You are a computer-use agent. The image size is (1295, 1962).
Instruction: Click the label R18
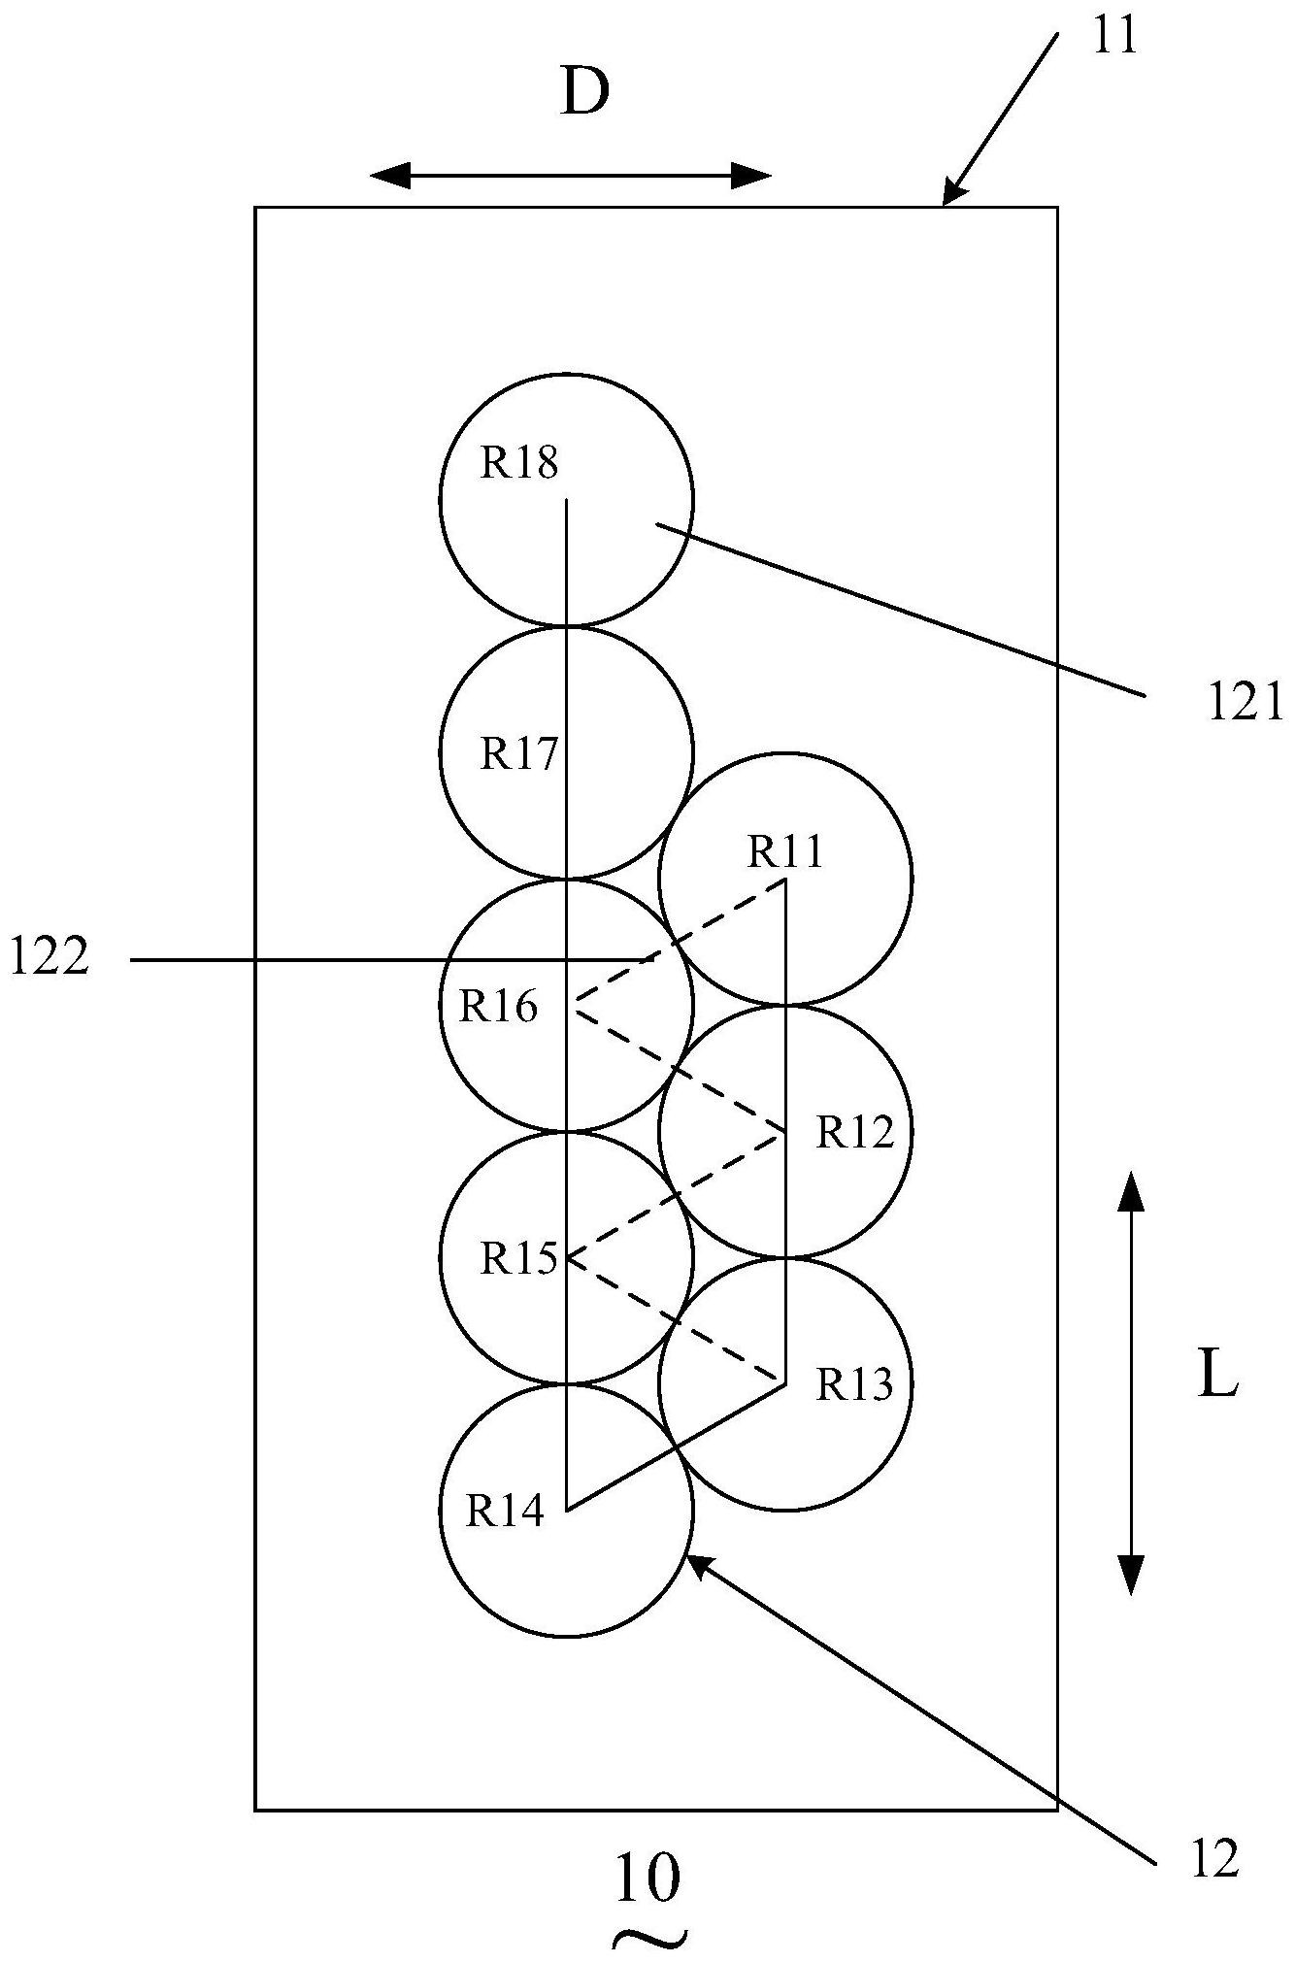coord(520,463)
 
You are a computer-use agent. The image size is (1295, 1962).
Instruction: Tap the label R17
coord(519,753)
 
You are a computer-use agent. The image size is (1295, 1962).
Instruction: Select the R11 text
coord(785,851)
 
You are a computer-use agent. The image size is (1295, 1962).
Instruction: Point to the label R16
coord(498,1007)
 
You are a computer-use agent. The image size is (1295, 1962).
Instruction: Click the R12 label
coord(854,1131)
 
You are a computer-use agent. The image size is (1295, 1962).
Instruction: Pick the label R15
coord(519,1259)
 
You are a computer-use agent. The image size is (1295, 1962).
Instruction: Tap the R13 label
coord(854,1384)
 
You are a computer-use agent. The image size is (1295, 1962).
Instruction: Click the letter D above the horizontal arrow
coord(585,94)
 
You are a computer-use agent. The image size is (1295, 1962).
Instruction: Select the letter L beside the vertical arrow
coord(1218,1376)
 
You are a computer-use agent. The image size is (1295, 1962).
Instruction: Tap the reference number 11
coord(1113,37)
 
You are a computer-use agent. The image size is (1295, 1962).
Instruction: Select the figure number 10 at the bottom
coord(647,1879)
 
